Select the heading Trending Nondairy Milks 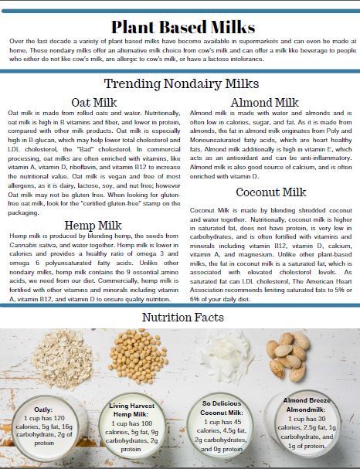coord(180,84)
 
